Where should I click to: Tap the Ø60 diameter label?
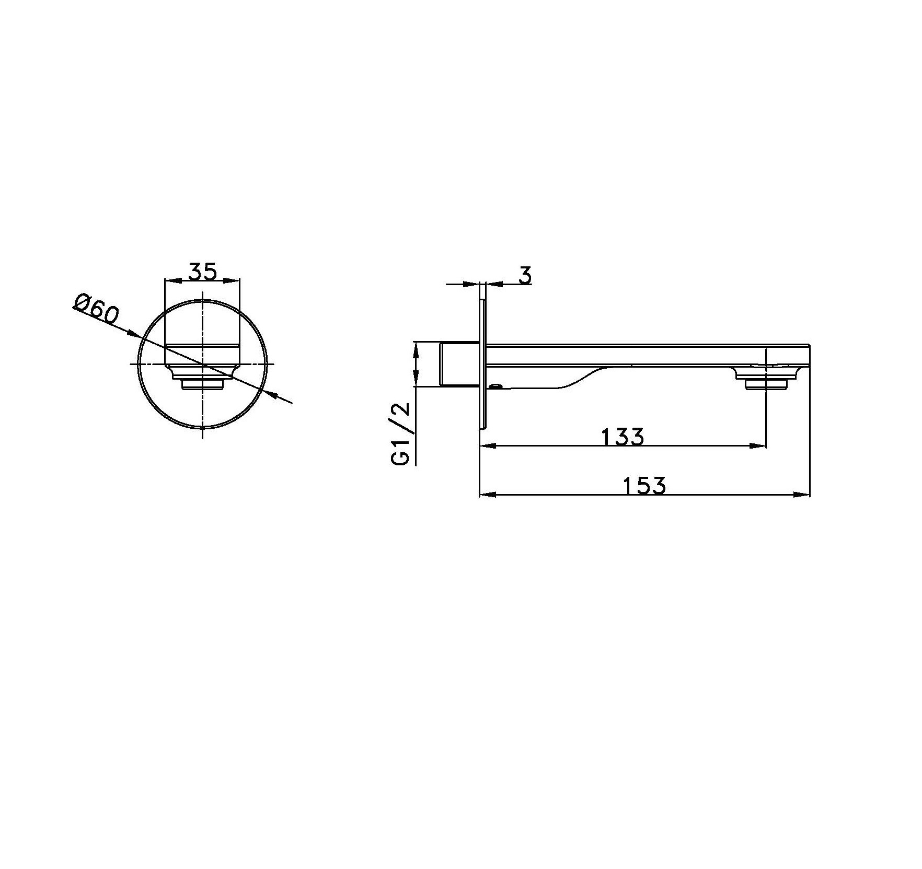click(97, 311)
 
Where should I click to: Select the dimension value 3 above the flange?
click(525, 275)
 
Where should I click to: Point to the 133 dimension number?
click(623, 437)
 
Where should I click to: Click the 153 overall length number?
click(645, 485)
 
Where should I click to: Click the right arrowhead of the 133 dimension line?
click(757, 446)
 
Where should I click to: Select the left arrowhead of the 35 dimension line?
click(173, 280)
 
